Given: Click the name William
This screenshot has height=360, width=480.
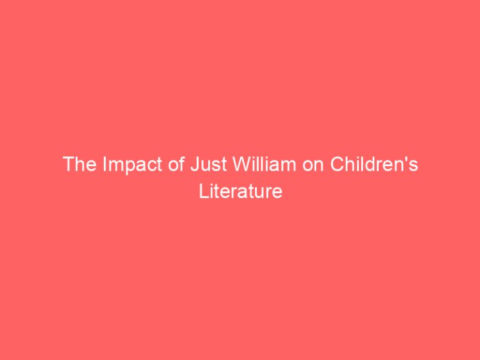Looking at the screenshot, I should [x=241, y=166].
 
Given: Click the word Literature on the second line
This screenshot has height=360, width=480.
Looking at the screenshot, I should [x=241, y=191].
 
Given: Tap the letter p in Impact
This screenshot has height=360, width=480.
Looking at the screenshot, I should [x=120, y=167].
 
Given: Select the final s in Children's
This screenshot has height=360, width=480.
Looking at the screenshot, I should [x=412, y=167].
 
